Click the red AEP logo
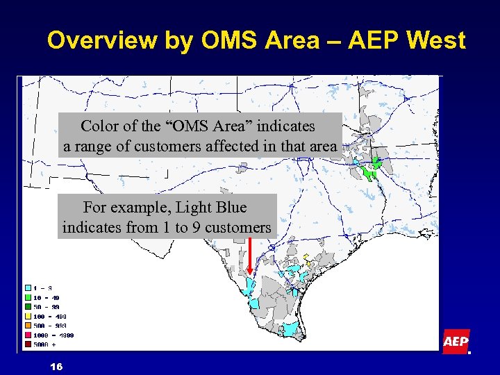click(456, 342)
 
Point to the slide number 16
click(56, 366)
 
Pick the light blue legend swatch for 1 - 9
click(28, 287)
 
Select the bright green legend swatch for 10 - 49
click(28, 297)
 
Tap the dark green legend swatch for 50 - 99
click(28, 306)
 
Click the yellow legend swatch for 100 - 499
click(28, 316)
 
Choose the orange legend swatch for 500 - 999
click(28, 325)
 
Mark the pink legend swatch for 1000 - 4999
click(28, 335)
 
